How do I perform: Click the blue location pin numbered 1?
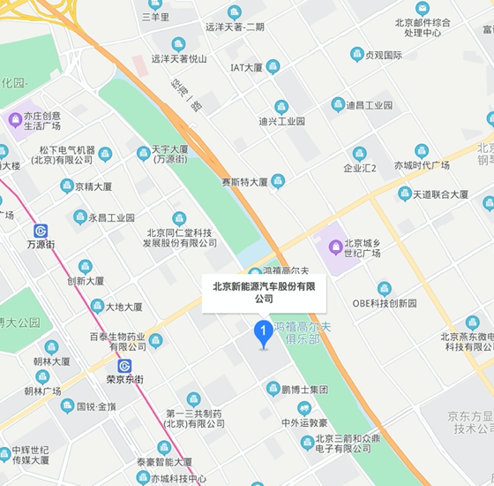point(262,333)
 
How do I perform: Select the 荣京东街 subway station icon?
point(124,366)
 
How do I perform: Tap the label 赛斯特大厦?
point(244,182)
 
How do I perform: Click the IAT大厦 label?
point(246,67)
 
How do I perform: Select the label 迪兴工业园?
point(281,121)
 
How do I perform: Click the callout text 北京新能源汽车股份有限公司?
point(265,292)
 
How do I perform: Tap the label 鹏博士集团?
point(305,389)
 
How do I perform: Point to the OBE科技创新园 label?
point(385,303)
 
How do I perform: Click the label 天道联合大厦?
point(441,194)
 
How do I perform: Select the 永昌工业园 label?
point(111,217)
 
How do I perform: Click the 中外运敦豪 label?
point(304,422)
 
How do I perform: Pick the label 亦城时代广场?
point(422,166)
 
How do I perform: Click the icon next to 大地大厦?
point(97,307)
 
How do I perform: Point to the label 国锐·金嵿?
point(96,406)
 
